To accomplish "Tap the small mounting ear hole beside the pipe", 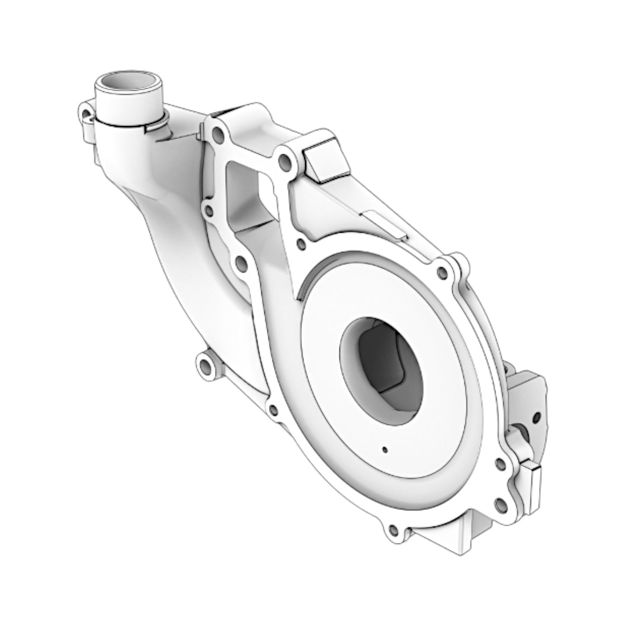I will point(86,114).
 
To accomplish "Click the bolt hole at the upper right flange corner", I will point(442,272).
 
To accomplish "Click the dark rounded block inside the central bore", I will point(381,355).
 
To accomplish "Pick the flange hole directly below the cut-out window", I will point(241,263).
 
